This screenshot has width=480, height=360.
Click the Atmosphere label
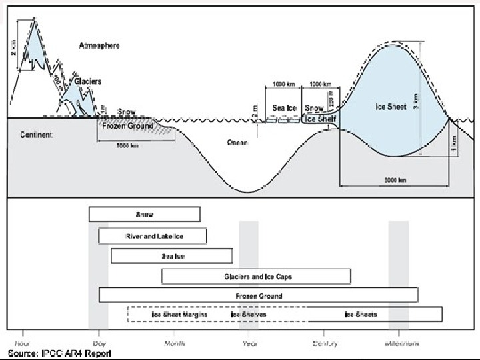point(99,45)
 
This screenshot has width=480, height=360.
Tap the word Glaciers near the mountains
point(87,81)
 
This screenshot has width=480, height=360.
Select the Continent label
point(36,135)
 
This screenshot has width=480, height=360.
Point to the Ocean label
point(237,143)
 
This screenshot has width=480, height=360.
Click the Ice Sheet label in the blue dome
point(391,107)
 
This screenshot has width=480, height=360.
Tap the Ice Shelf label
point(320,119)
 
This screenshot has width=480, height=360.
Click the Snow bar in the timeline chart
point(144,215)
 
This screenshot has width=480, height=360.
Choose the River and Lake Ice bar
point(153,236)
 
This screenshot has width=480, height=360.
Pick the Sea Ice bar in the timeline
point(172,256)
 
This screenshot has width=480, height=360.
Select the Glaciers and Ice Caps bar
point(256,276)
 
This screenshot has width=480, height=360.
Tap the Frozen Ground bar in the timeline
point(259,295)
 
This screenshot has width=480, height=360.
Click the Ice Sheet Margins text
point(179,315)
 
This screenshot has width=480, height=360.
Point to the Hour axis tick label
point(23,343)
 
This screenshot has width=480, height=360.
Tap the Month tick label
point(174,343)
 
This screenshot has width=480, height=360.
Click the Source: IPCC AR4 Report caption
point(59,353)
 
